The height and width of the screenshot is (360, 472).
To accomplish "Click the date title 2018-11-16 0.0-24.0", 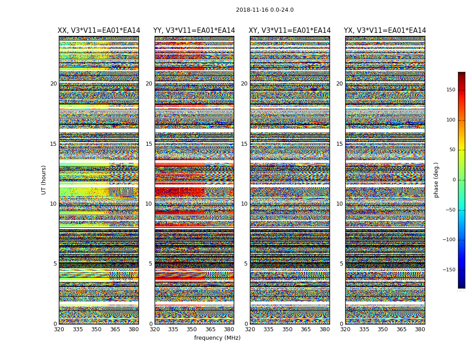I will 264,10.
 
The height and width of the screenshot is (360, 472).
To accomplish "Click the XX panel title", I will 99,31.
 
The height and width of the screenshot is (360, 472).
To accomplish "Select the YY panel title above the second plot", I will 194,31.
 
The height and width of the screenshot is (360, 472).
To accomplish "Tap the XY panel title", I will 289,31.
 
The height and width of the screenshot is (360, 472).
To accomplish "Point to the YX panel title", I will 385,31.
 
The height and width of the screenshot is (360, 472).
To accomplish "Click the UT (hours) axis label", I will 44,180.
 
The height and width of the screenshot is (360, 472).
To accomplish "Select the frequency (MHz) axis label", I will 217,338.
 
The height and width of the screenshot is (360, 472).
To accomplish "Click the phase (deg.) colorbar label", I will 436,180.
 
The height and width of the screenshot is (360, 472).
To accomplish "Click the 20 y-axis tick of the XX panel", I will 53,84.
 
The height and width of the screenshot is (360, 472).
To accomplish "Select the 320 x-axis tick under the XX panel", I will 59,329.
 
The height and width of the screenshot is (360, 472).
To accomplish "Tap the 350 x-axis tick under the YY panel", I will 192,329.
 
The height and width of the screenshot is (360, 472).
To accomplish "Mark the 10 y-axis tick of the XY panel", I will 244,204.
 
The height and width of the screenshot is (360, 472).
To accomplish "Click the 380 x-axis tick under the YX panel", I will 420,329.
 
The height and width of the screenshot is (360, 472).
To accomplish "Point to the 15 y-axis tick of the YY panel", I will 149,144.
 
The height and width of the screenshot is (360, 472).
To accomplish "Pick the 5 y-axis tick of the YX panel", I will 341,264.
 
